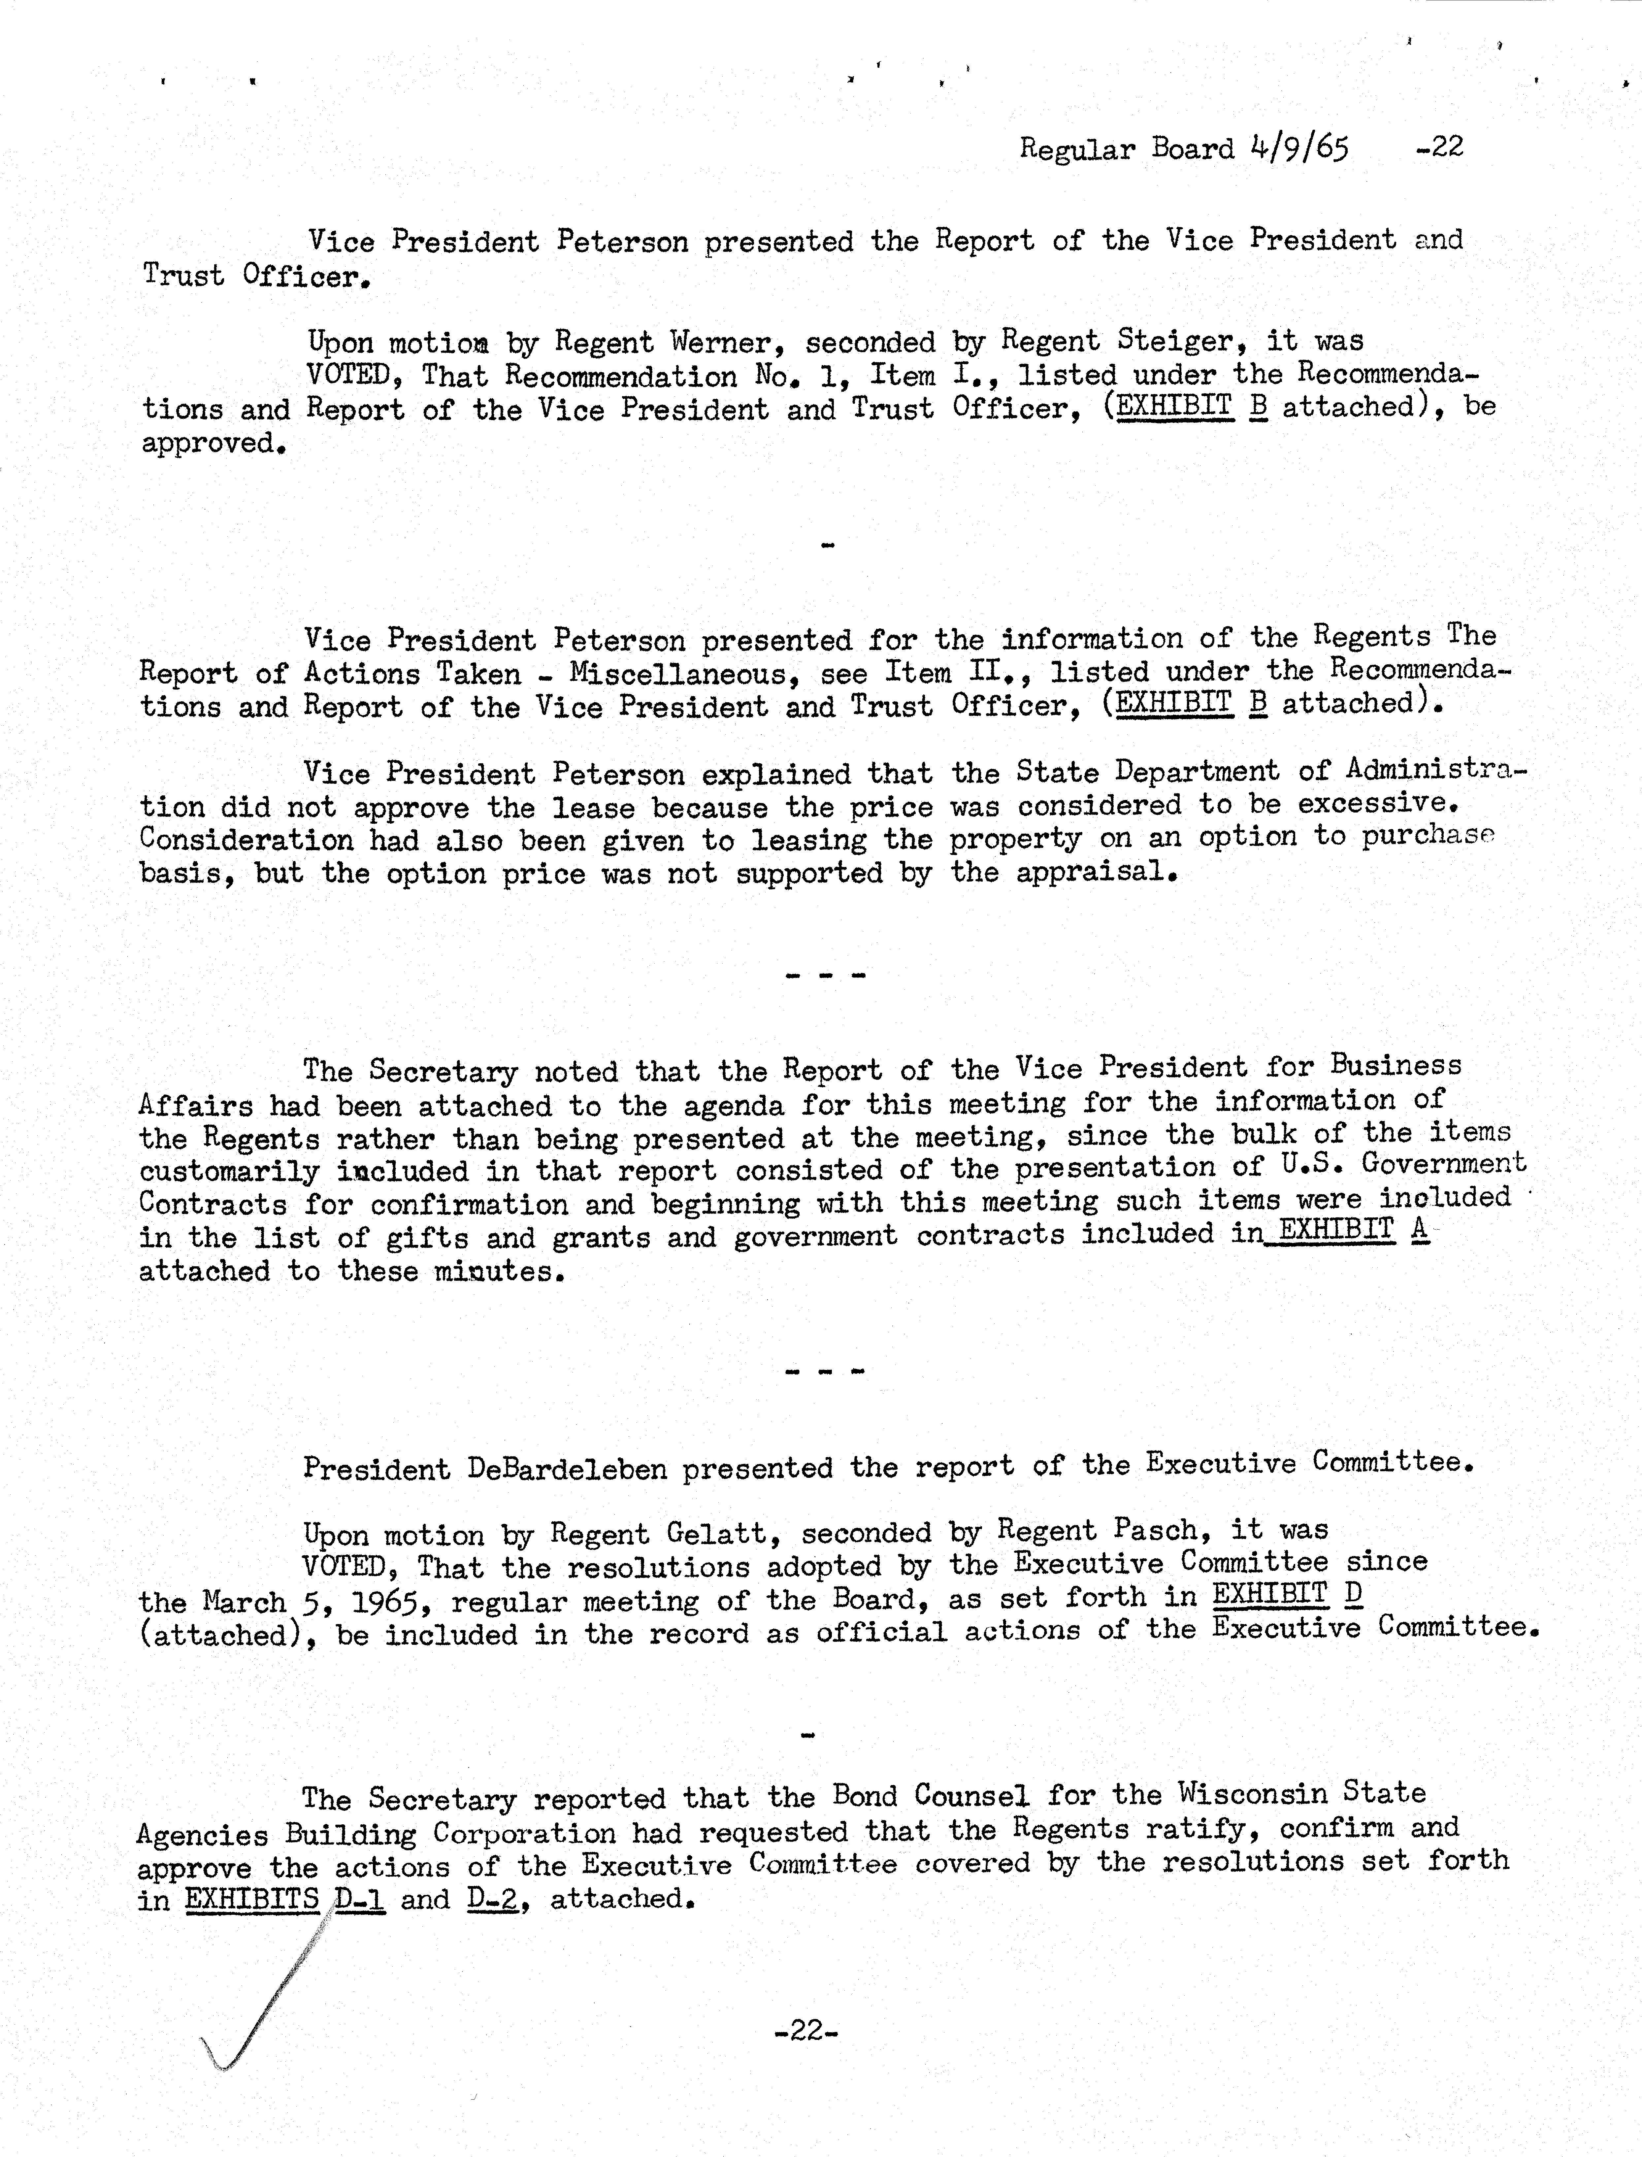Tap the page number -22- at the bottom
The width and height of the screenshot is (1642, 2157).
click(806, 2031)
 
